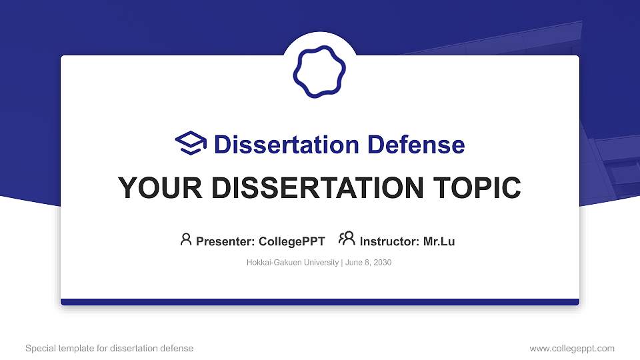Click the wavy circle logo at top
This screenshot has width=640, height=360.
pyautogui.click(x=320, y=72)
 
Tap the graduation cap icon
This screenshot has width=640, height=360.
pyautogui.click(x=191, y=144)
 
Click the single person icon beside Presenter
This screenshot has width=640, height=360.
pyautogui.click(x=186, y=240)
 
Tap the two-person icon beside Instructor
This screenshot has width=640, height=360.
pyautogui.click(x=347, y=239)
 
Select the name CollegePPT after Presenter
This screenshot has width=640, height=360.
pyautogui.click(x=291, y=241)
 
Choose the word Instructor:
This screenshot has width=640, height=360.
pyautogui.click(x=389, y=241)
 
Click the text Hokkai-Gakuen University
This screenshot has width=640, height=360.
pyautogui.click(x=293, y=263)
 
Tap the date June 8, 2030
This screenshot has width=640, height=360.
pyautogui.click(x=368, y=263)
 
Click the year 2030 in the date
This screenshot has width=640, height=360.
pyautogui.click(x=382, y=263)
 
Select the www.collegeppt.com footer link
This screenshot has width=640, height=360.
pyautogui.click(x=571, y=348)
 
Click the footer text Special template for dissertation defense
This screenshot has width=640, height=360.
pyautogui.click(x=109, y=348)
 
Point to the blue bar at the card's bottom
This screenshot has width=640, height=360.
pyautogui.click(x=320, y=302)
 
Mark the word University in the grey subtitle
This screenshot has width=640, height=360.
pyautogui.click(x=322, y=263)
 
